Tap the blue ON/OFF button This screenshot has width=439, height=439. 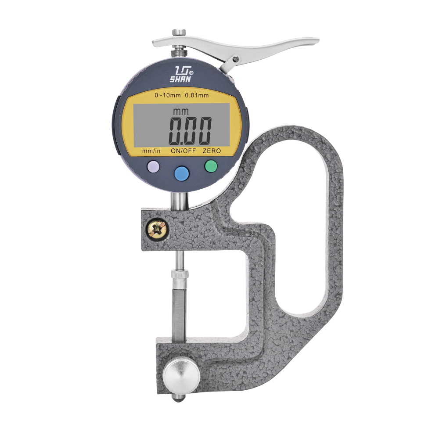[182, 173]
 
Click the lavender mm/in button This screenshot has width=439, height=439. [153, 167]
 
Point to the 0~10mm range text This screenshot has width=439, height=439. [167, 95]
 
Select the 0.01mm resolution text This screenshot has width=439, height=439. [197, 95]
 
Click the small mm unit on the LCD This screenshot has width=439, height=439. [180, 112]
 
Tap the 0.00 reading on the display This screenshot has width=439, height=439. [190, 131]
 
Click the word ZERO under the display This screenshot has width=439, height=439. [212, 151]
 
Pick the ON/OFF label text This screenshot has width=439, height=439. [184, 151]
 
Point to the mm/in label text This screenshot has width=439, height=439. [151, 151]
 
